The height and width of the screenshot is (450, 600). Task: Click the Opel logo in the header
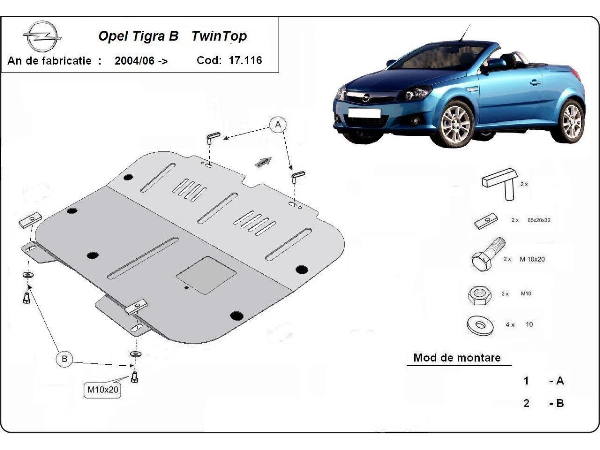[42, 37]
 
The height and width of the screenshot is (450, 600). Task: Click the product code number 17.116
[245, 60]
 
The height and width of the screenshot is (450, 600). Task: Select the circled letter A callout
[278, 125]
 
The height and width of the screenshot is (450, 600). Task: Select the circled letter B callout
[64, 359]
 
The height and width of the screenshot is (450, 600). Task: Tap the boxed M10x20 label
[103, 390]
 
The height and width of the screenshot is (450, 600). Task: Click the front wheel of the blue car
[455, 124]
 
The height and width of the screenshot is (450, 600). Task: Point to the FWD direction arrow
[263, 163]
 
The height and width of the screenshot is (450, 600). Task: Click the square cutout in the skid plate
[206, 275]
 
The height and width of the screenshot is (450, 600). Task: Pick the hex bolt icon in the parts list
[487, 255]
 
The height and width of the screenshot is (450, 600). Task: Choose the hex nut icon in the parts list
[479, 295]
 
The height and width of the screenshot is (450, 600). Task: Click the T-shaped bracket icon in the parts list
[500, 183]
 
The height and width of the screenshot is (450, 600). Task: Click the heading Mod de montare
[457, 358]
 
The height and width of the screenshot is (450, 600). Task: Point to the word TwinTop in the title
[219, 36]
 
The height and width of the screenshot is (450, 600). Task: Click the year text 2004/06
[136, 61]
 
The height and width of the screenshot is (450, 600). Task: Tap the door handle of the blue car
[535, 82]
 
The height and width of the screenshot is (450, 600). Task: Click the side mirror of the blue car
[484, 69]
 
